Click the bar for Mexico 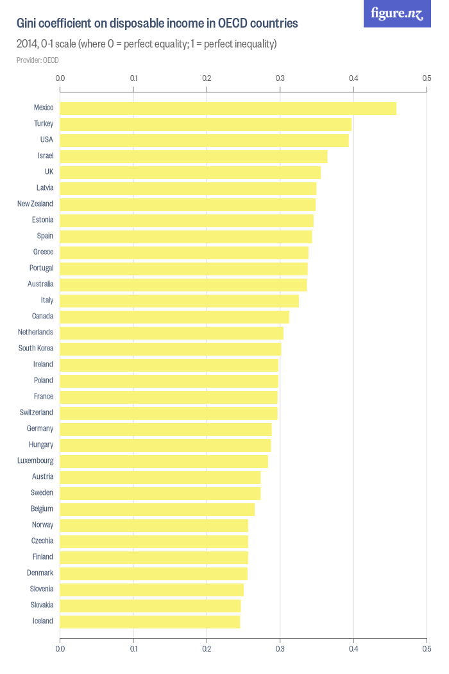pos(228,108)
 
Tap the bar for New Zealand pos(187,204)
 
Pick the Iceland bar pos(149,621)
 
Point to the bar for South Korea pos(170,349)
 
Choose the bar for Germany pos(165,429)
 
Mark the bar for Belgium pos(157,509)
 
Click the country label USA pos(46,139)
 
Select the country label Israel pos(45,155)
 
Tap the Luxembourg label pos(35,460)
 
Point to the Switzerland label pos(36,412)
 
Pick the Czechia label pos(42,540)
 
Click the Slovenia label pos(42,589)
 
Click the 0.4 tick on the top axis pos(353,78)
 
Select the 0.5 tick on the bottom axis pos(427,649)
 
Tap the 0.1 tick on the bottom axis pos(133,649)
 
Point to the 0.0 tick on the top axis pos(60,78)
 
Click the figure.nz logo pos(397,13)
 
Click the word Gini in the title pos(27,24)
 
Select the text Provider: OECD pos(38,60)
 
